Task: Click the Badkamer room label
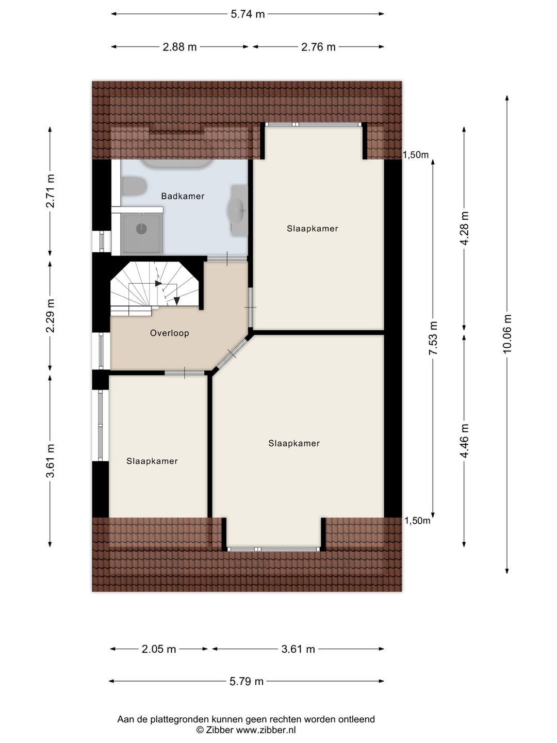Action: coord(183,196)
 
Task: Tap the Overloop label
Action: coord(170,333)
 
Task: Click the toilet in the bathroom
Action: coord(134,186)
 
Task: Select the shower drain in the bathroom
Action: coord(141,229)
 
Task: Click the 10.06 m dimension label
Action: coord(507,334)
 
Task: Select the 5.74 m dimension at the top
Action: coord(248,14)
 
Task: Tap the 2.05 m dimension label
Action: coord(159,649)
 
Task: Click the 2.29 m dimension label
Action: coord(50,316)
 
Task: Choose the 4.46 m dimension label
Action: coord(464,441)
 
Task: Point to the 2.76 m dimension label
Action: coord(318,47)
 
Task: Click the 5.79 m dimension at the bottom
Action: coord(246,681)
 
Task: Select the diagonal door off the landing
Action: coord(232,354)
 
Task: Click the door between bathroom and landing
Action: coord(227,259)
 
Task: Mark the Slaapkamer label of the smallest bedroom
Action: coord(152,461)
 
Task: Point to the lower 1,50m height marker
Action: coord(417,521)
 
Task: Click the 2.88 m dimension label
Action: coord(179,47)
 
